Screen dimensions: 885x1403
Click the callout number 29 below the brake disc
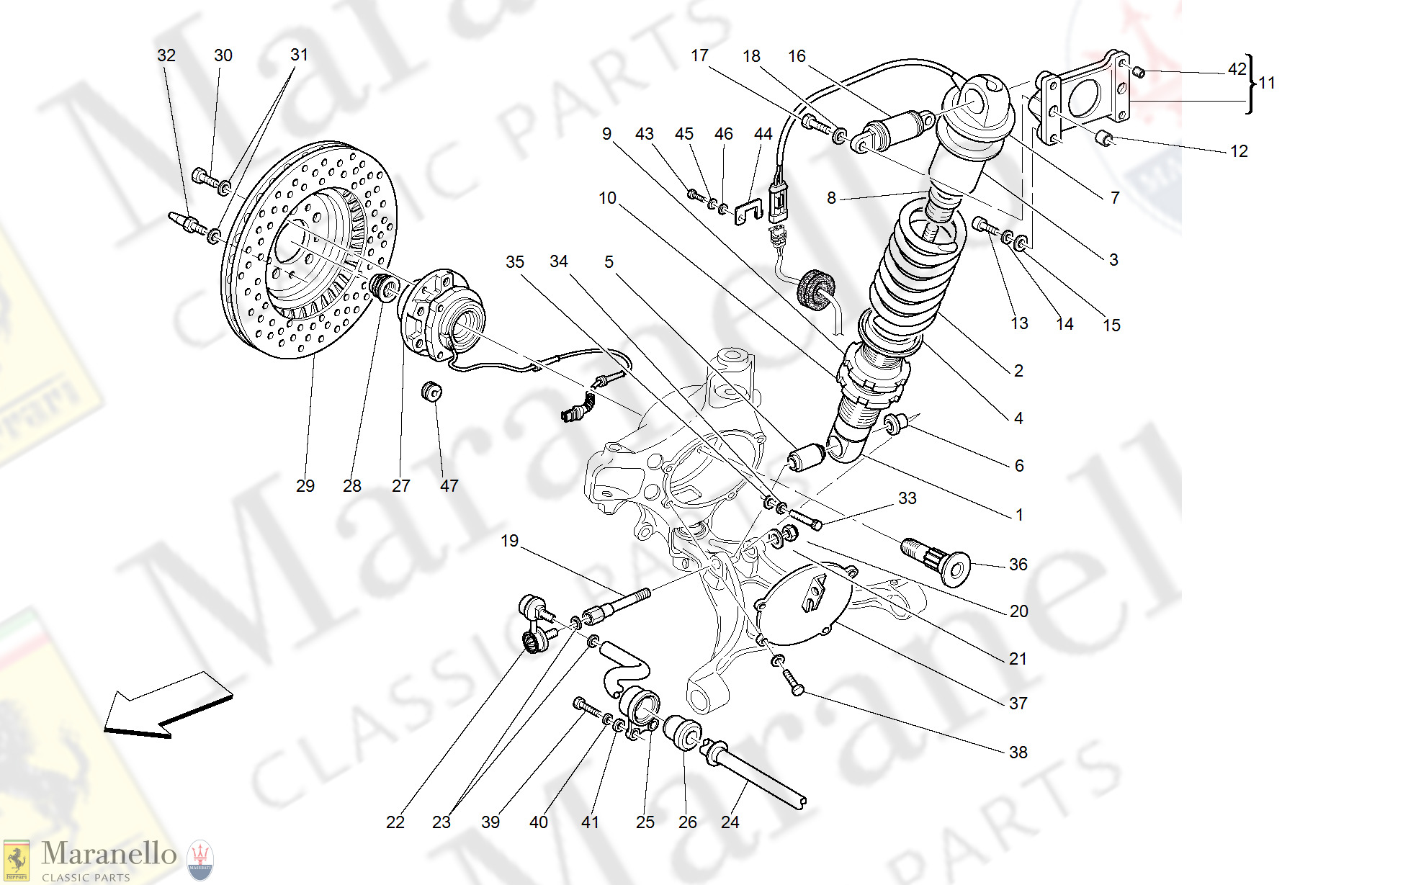305,486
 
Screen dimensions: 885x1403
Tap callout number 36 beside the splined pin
1018,565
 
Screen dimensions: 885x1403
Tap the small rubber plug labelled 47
431,392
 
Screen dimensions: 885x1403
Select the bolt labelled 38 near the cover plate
792,680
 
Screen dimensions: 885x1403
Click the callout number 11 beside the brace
1267,84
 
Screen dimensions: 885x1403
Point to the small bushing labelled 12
1104,137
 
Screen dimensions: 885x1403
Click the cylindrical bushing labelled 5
807,457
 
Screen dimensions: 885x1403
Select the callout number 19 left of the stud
509,541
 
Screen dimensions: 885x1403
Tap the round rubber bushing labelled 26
682,732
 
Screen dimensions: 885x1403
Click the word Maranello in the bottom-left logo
109,854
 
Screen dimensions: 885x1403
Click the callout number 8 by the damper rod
831,198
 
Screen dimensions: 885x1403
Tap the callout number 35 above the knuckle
514,262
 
